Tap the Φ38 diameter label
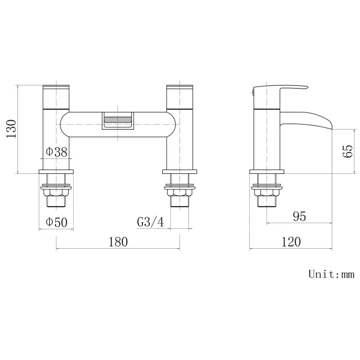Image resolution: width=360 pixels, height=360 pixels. [57, 151]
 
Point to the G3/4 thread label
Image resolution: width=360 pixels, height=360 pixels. [151, 222]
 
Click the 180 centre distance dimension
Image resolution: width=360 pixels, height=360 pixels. [118, 241]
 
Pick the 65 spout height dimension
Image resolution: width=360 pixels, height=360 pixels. [348, 151]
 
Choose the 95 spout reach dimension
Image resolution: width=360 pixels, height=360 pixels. [299, 216]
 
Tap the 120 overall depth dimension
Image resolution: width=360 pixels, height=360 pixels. [291, 241]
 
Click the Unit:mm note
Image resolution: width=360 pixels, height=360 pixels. [331, 274]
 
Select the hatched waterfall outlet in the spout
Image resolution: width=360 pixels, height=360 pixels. [118, 119]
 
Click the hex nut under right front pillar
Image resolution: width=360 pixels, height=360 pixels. [179, 193]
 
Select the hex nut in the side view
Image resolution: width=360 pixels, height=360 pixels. [268, 193]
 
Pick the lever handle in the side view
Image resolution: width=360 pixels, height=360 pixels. [280, 89]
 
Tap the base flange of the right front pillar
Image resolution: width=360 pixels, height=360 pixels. [179, 171]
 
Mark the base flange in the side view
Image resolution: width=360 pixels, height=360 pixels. [268, 171]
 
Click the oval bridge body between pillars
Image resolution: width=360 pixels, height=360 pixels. [83, 125]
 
